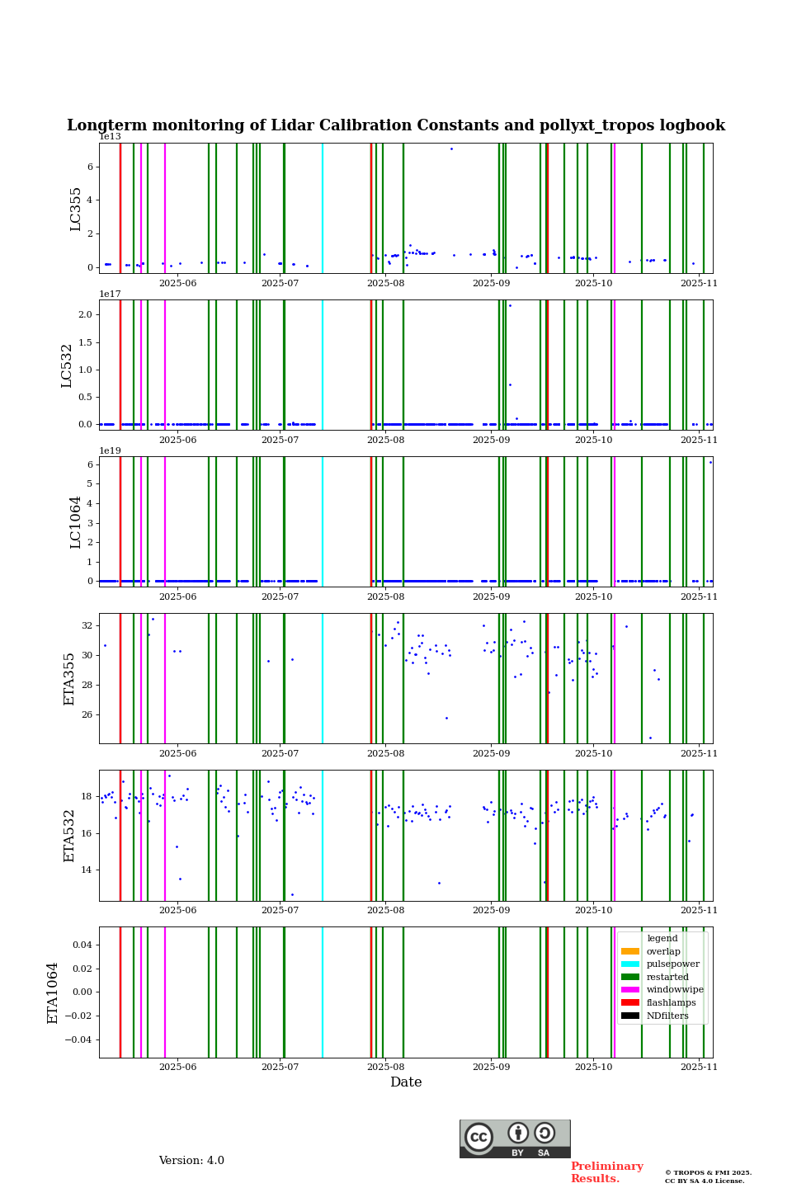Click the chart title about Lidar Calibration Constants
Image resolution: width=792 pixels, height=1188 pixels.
click(x=396, y=125)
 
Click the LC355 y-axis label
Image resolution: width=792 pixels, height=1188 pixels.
click(x=76, y=209)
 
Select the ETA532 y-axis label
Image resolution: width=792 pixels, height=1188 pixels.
click(x=69, y=835)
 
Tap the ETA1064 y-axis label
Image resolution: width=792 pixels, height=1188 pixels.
click(x=53, y=992)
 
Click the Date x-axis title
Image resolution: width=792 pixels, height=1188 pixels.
click(x=406, y=1082)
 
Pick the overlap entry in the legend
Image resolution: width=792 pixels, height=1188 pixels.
click(x=662, y=951)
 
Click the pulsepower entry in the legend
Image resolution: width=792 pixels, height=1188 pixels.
click(x=672, y=964)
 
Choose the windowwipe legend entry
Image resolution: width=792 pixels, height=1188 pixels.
click(x=674, y=990)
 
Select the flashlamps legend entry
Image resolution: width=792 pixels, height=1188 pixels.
click(x=670, y=1002)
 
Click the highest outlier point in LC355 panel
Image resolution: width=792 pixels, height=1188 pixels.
click(x=451, y=148)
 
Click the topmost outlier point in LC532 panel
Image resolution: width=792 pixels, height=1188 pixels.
click(x=510, y=305)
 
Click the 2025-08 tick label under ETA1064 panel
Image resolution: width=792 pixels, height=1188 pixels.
click(x=385, y=1067)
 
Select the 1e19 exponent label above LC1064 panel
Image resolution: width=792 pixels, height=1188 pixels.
click(x=110, y=451)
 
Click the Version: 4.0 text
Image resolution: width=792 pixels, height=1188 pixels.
click(x=191, y=1161)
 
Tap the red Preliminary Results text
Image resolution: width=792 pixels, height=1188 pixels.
click(x=606, y=1172)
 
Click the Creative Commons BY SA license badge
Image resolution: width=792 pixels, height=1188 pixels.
click(x=515, y=1138)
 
